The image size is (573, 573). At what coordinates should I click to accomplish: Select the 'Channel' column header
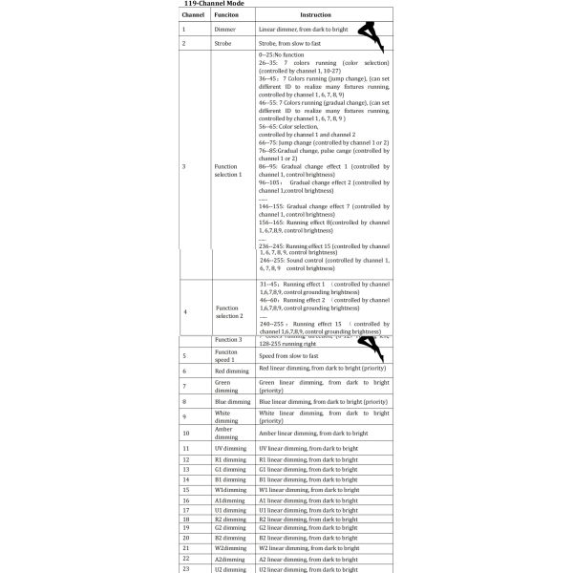click(x=194, y=16)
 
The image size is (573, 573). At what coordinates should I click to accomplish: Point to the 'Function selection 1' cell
click(x=227, y=166)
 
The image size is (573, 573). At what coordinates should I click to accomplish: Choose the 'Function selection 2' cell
click(x=227, y=312)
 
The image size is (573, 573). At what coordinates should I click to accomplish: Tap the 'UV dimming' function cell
click(x=227, y=447)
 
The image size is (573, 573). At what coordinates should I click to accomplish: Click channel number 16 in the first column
click(x=187, y=499)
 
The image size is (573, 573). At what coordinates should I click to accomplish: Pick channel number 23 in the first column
click(x=187, y=568)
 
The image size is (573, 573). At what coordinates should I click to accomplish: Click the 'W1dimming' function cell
click(x=227, y=489)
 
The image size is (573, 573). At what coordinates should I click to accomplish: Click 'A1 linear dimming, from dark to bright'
click(x=308, y=499)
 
